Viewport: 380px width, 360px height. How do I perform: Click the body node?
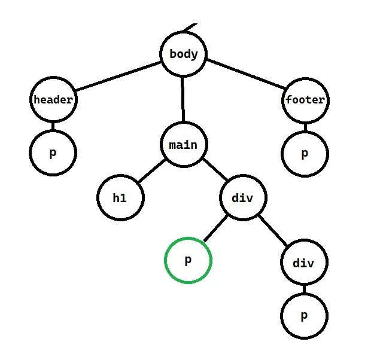(x=183, y=54)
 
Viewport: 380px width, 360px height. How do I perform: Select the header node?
(x=53, y=100)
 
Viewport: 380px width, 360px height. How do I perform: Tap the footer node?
(x=305, y=100)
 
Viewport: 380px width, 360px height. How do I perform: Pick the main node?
(x=183, y=145)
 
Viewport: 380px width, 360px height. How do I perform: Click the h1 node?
(x=120, y=197)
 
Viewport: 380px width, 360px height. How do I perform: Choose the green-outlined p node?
(x=188, y=260)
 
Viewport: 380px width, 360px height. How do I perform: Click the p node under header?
(x=53, y=152)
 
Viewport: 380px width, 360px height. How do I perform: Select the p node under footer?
(x=305, y=153)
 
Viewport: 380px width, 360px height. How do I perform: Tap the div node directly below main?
(x=242, y=197)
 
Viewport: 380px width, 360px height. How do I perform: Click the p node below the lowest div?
(x=304, y=315)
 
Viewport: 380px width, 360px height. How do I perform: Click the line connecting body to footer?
(x=245, y=78)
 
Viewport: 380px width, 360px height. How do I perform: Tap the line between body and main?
(x=183, y=99)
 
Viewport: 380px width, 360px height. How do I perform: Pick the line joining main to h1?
(x=151, y=172)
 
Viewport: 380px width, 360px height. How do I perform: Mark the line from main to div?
(x=214, y=172)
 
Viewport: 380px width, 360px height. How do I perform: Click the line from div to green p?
(x=216, y=229)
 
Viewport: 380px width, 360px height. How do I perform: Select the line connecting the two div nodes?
(x=273, y=230)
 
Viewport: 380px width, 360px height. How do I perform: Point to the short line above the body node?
(x=190, y=27)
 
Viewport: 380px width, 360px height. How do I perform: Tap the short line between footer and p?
(x=305, y=126)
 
